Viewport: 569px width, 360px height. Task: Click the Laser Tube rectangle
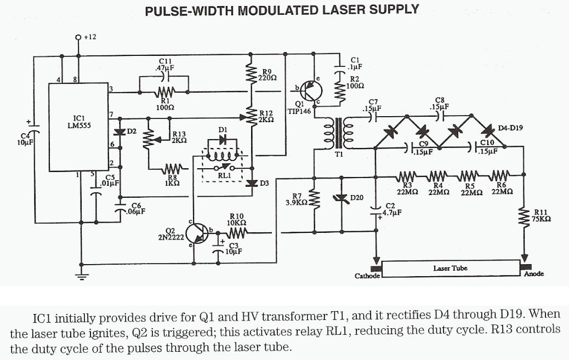click(449, 269)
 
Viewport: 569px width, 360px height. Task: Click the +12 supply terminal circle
click(80, 37)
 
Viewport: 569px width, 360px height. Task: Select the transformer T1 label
click(338, 155)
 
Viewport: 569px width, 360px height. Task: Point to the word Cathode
click(367, 276)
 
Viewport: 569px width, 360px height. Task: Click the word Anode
click(533, 273)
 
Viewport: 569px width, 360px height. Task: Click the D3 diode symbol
click(252, 184)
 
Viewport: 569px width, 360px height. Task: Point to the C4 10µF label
click(25, 140)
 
